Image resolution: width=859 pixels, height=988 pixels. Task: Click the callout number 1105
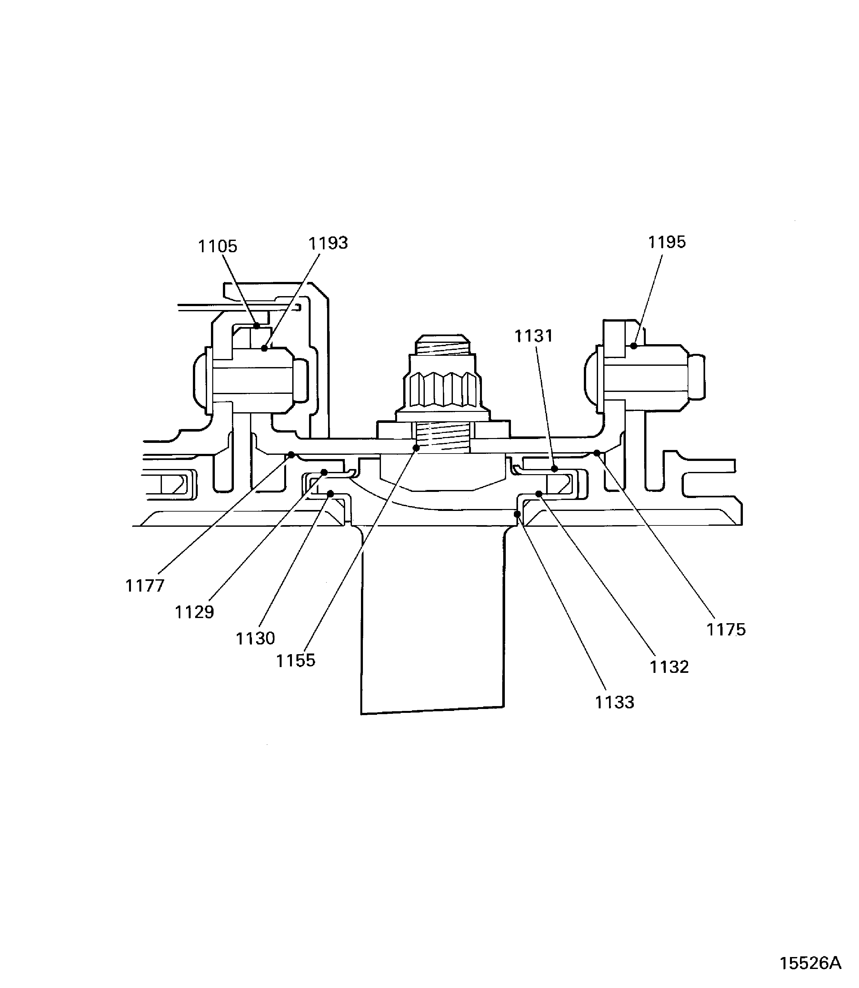click(218, 246)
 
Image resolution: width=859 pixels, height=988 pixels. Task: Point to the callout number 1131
click(534, 336)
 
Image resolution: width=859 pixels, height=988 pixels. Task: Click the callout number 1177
click(145, 585)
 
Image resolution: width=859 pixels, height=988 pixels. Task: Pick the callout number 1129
click(194, 612)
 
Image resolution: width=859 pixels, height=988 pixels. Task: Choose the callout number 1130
click(255, 639)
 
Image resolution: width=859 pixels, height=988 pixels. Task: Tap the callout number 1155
click(296, 661)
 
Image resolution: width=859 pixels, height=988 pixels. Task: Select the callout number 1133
click(614, 702)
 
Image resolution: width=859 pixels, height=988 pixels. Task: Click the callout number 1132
click(669, 667)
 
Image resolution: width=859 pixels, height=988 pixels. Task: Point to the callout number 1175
click(726, 629)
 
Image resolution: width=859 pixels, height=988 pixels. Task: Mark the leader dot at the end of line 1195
click(634, 346)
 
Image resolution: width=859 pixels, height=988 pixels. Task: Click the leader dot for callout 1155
click(416, 448)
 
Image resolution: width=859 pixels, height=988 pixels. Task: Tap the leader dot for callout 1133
click(517, 514)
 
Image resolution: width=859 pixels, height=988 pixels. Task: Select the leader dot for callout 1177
click(291, 454)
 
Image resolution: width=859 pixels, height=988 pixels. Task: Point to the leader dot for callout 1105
click(257, 325)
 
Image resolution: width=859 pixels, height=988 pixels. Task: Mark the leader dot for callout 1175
click(597, 453)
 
